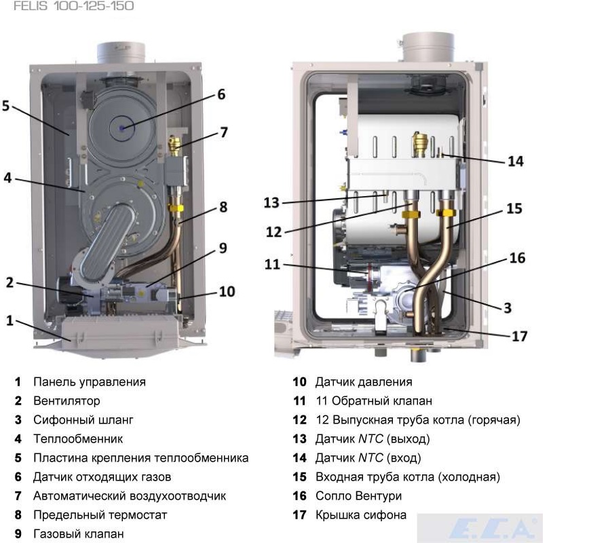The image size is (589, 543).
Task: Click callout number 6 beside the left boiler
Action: click(221, 94)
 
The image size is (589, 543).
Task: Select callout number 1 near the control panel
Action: click(9, 320)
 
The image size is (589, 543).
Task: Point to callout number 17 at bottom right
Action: click(518, 335)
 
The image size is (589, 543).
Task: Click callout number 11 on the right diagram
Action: click(272, 264)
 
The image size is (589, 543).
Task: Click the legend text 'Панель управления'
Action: click(89, 382)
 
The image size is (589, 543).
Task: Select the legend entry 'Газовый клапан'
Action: click(78, 534)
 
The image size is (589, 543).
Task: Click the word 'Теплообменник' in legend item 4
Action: click(78, 439)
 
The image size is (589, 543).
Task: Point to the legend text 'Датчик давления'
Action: click(364, 382)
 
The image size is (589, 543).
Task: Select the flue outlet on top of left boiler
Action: click(121, 52)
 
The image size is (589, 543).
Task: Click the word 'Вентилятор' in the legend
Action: click(66, 401)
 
